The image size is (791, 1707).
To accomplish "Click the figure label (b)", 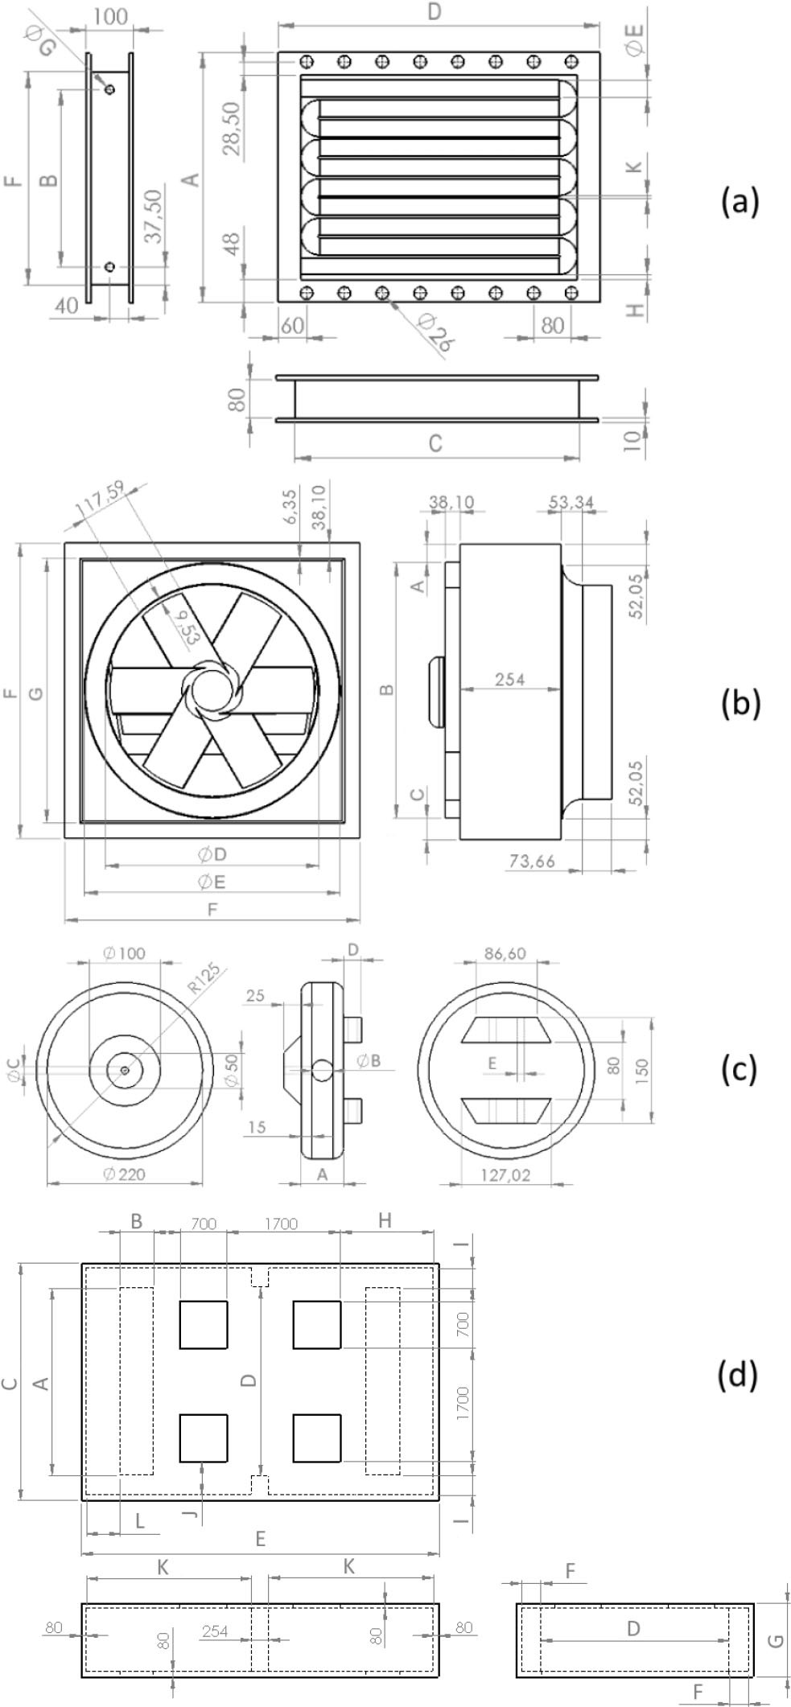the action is click(740, 702).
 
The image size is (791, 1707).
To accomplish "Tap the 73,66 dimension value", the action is click(532, 861).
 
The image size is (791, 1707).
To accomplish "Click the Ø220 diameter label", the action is click(125, 1174).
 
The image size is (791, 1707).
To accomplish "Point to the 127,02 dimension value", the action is click(507, 1175).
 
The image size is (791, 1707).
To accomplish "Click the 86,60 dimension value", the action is click(505, 953).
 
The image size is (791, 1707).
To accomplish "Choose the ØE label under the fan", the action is click(212, 882).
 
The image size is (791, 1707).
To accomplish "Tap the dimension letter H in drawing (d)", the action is click(385, 1220).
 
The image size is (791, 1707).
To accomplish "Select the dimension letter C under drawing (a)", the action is click(435, 443).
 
